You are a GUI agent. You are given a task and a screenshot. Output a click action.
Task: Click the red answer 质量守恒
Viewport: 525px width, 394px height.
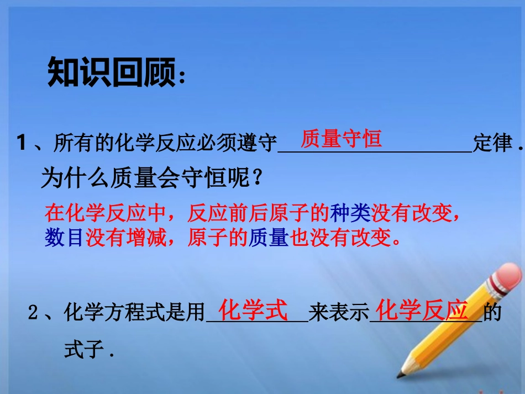pyautogui.click(x=341, y=139)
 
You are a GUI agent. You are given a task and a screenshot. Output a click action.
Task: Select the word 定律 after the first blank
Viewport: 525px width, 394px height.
pyautogui.click(x=492, y=144)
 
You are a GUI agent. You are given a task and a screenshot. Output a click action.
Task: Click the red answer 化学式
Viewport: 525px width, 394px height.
pyautogui.click(x=254, y=311)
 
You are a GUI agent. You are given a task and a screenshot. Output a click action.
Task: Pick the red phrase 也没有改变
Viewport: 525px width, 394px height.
pyautogui.click(x=343, y=238)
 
